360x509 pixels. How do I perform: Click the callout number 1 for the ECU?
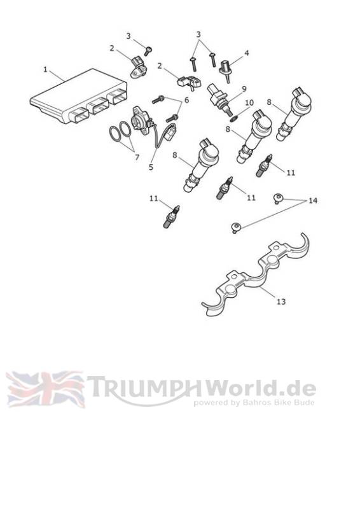point(45,69)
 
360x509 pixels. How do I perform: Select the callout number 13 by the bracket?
point(281,302)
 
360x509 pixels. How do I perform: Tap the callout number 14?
point(312,200)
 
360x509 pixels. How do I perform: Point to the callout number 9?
point(244,88)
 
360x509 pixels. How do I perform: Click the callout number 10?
point(249,103)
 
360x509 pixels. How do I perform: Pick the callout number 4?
point(247,53)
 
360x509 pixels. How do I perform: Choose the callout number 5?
point(151,167)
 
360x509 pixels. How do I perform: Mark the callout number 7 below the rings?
point(137,157)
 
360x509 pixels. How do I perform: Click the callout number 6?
point(186,100)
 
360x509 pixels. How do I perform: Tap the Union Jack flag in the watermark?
point(45,389)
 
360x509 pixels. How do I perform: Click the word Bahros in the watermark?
point(256,403)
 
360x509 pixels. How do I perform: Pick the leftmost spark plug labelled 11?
point(171,217)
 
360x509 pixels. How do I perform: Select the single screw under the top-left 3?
point(148,51)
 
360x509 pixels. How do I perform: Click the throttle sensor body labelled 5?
point(141,122)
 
